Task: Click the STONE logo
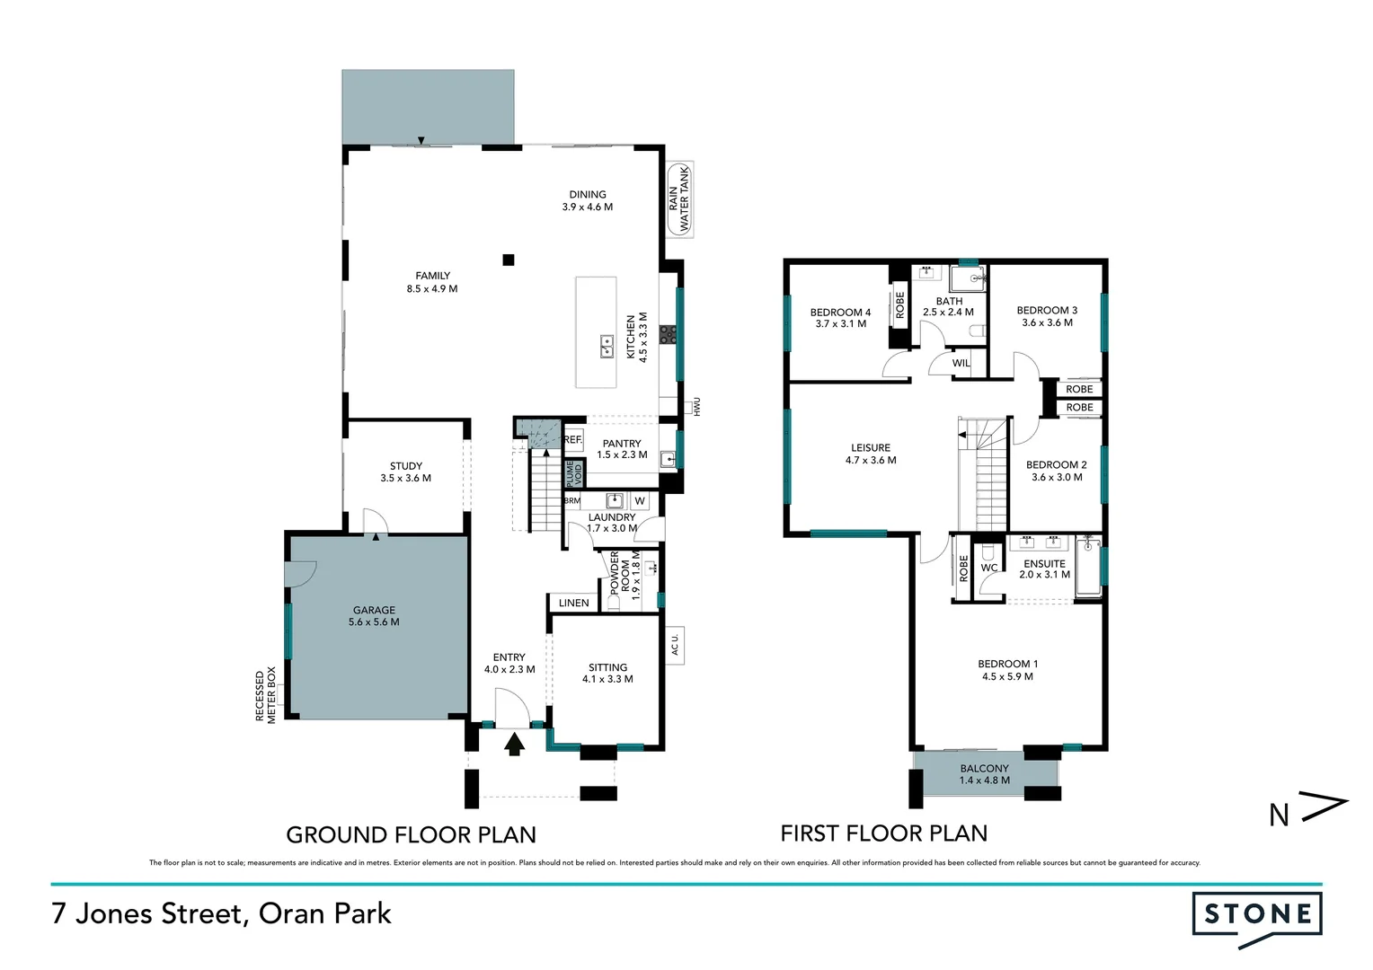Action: tap(1257, 915)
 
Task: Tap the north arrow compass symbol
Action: tap(1308, 811)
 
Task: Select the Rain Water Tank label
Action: tap(679, 199)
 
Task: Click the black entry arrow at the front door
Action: tap(514, 744)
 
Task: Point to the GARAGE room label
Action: tap(374, 610)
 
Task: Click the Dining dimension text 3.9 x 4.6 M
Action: tap(588, 207)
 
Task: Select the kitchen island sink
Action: tap(607, 346)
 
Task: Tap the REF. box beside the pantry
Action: tap(573, 440)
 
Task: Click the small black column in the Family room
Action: tap(508, 260)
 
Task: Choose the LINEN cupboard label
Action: tap(574, 603)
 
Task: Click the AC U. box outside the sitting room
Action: tap(676, 644)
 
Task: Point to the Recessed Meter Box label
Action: tap(266, 695)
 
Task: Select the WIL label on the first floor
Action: tap(961, 364)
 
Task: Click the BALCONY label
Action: tap(984, 769)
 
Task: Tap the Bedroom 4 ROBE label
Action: tap(899, 305)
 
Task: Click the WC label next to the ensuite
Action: tap(989, 568)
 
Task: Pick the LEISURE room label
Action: tap(871, 447)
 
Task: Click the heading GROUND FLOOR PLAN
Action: tap(411, 835)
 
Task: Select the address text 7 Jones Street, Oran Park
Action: tap(222, 914)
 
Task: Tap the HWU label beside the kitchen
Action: tap(696, 407)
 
